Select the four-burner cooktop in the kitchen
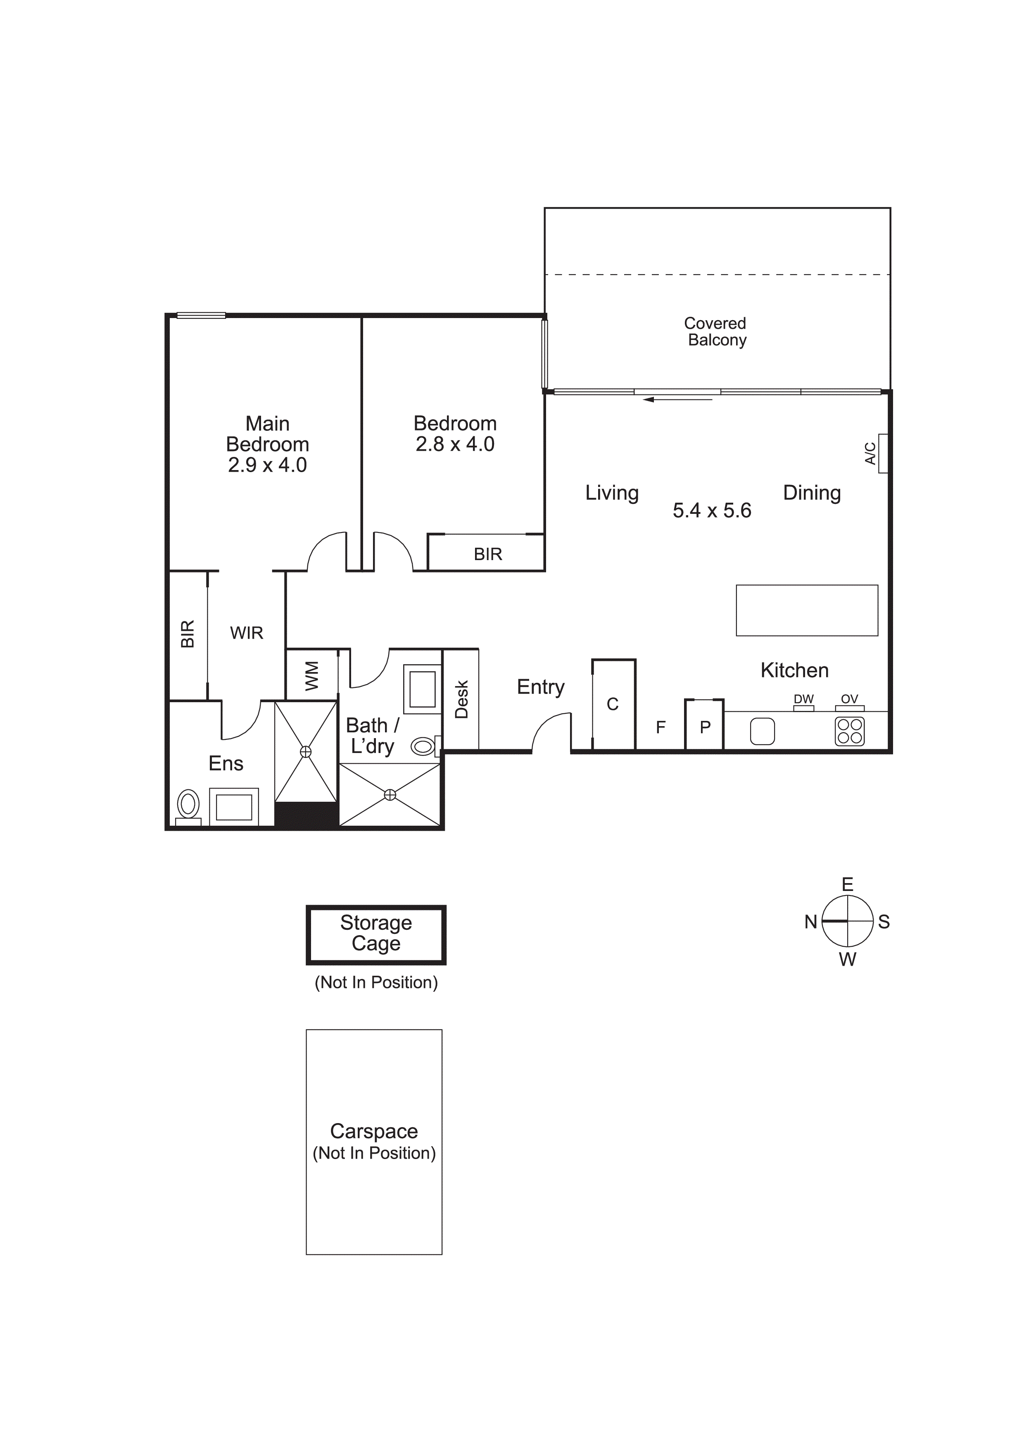pyautogui.click(x=849, y=732)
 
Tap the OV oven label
pyautogui.click(x=849, y=699)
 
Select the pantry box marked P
pyautogui.click(x=705, y=727)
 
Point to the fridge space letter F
pyautogui.click(x=660, y=728)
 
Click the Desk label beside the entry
pyautogui.click(x=461, y=699)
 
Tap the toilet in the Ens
pyautogui.click(x=188, y=806)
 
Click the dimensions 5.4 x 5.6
pyautogui.click(x=712, y=510)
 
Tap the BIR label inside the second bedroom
pyautogui.click(x=488, y=554)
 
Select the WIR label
pyautogui.click(x=246, y=633)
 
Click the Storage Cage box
pyautogui.click(x=376, y=935)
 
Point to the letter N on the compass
pyautogui.click(x=811, y=922)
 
